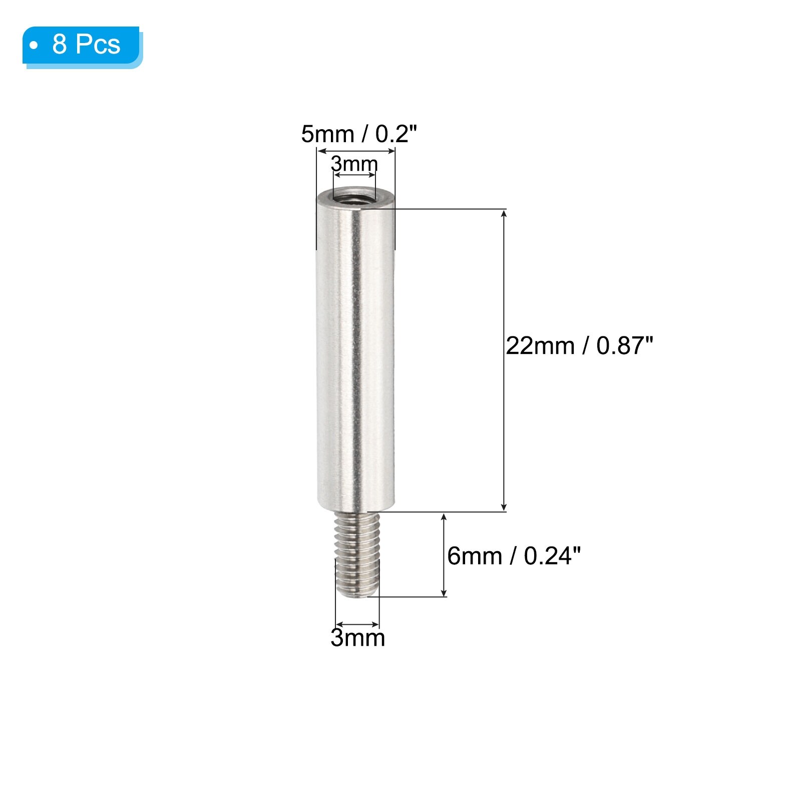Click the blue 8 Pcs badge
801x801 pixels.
tap(82, 47)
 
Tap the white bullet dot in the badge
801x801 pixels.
tap(34, 46)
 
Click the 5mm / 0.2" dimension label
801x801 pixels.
tap(359, 134)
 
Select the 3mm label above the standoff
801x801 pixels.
tap(354, 163)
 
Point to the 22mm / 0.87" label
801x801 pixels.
tap(579, 346)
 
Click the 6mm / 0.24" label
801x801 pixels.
tap(514, 556)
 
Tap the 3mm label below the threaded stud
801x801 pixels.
tap(358, 638)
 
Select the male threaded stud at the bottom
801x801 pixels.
tap(356, 555)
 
